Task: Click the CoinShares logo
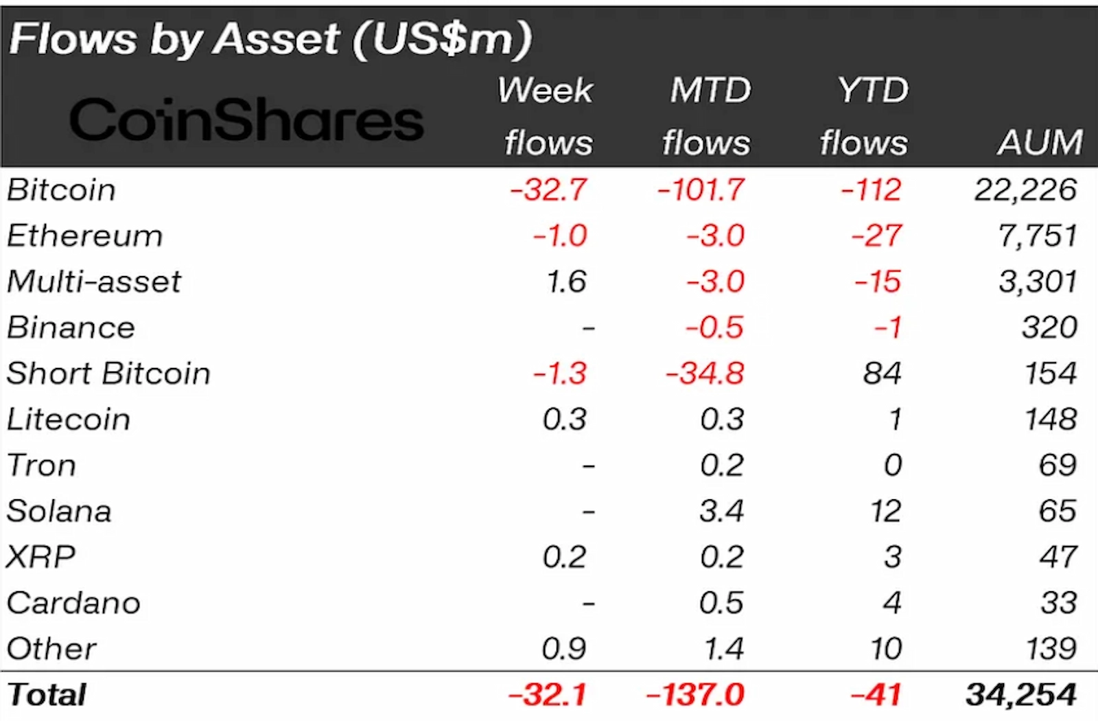(x=246, y=120)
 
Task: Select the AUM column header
(x=1040, y=143)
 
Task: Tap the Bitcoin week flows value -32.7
(x=548, y=190)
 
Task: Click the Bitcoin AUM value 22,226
(x=1025, y=190)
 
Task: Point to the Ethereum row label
(x=85, y=236)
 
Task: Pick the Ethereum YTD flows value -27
(x=876, y=236)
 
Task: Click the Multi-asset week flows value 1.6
(x=566, y=282)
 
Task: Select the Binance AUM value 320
(x=1049, y=328)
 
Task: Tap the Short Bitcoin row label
(x=108, y=374)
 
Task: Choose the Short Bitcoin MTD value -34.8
(x=705, y=374)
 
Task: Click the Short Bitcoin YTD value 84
(x=883, y=374)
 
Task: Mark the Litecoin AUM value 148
(x=1051, y=420)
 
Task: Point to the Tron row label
(x=41, y=466)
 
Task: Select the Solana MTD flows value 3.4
(x=722, y=512)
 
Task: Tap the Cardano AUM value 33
(x=1058, y=603)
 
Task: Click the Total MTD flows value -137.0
(x=695, y=695)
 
